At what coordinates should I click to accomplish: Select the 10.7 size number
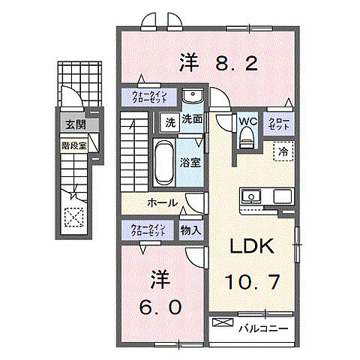pyautogui.click(x=253, y=282)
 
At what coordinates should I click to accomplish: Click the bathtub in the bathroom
pyautogui.click(x=162, y=161)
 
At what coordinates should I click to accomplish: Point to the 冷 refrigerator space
pyautogui.click(x=283, y=151)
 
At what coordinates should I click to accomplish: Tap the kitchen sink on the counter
pyautogui.click(x=250, y=197)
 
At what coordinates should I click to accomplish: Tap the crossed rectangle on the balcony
pyautogui.click(x=223, y=323)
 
